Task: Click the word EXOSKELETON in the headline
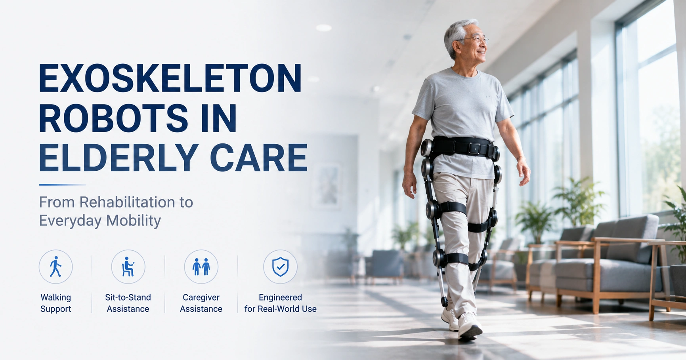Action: coord(170,78)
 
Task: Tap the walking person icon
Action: coord(55,267)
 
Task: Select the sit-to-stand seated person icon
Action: coord(128,267)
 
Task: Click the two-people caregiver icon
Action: coord(201,267)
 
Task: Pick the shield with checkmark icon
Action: coord(280,267)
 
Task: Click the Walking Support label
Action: coord(55,303)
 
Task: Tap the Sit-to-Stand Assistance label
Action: coord(128,303)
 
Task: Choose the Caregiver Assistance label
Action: coord(201,303)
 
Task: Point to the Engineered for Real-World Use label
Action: coord(280,303)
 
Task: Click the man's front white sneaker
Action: coord(470,326)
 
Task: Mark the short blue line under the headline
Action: coord(62,185)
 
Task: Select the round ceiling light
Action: coord(323,28)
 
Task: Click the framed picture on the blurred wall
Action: coord(327,186)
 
